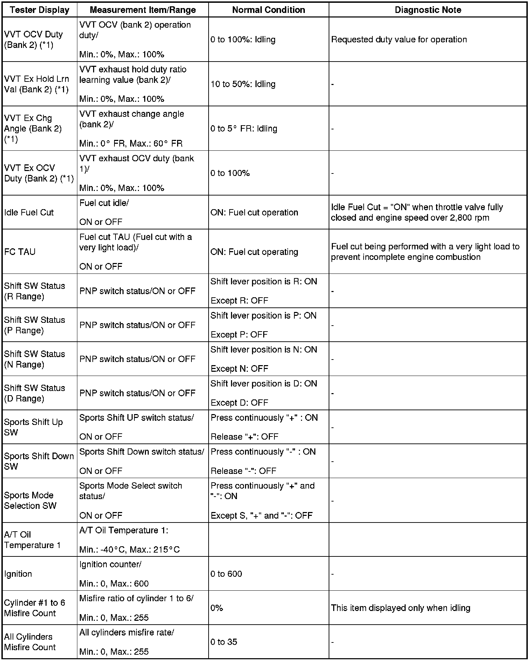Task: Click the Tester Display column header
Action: (x=40, y=10)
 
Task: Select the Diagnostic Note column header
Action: (x=428, y=10)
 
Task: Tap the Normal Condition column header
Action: (x=268, y=10)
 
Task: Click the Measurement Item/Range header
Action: (x=143, y=10)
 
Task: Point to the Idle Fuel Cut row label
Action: (x=29, y=212)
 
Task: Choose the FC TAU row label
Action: (x=20, y=252)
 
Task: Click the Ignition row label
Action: (x=18, y=574)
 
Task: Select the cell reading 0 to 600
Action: (x=226, y=574)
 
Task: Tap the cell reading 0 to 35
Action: (x=224, y=642)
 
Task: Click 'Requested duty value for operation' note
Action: (x=399, y=40)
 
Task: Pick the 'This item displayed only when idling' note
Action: (x=400, y=608)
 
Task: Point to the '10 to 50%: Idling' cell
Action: (x=243, y=84)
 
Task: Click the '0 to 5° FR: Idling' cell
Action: (x=244, y=129)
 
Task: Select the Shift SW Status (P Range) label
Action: (x=35, y=325)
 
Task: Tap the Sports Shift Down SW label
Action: (x=39, y=461)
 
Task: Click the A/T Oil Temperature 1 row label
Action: (x=32, y=540)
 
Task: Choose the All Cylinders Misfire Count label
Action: (x=30, y=642)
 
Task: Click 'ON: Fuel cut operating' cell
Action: (x=254, y=252)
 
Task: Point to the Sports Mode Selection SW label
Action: (x=30, y=500)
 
